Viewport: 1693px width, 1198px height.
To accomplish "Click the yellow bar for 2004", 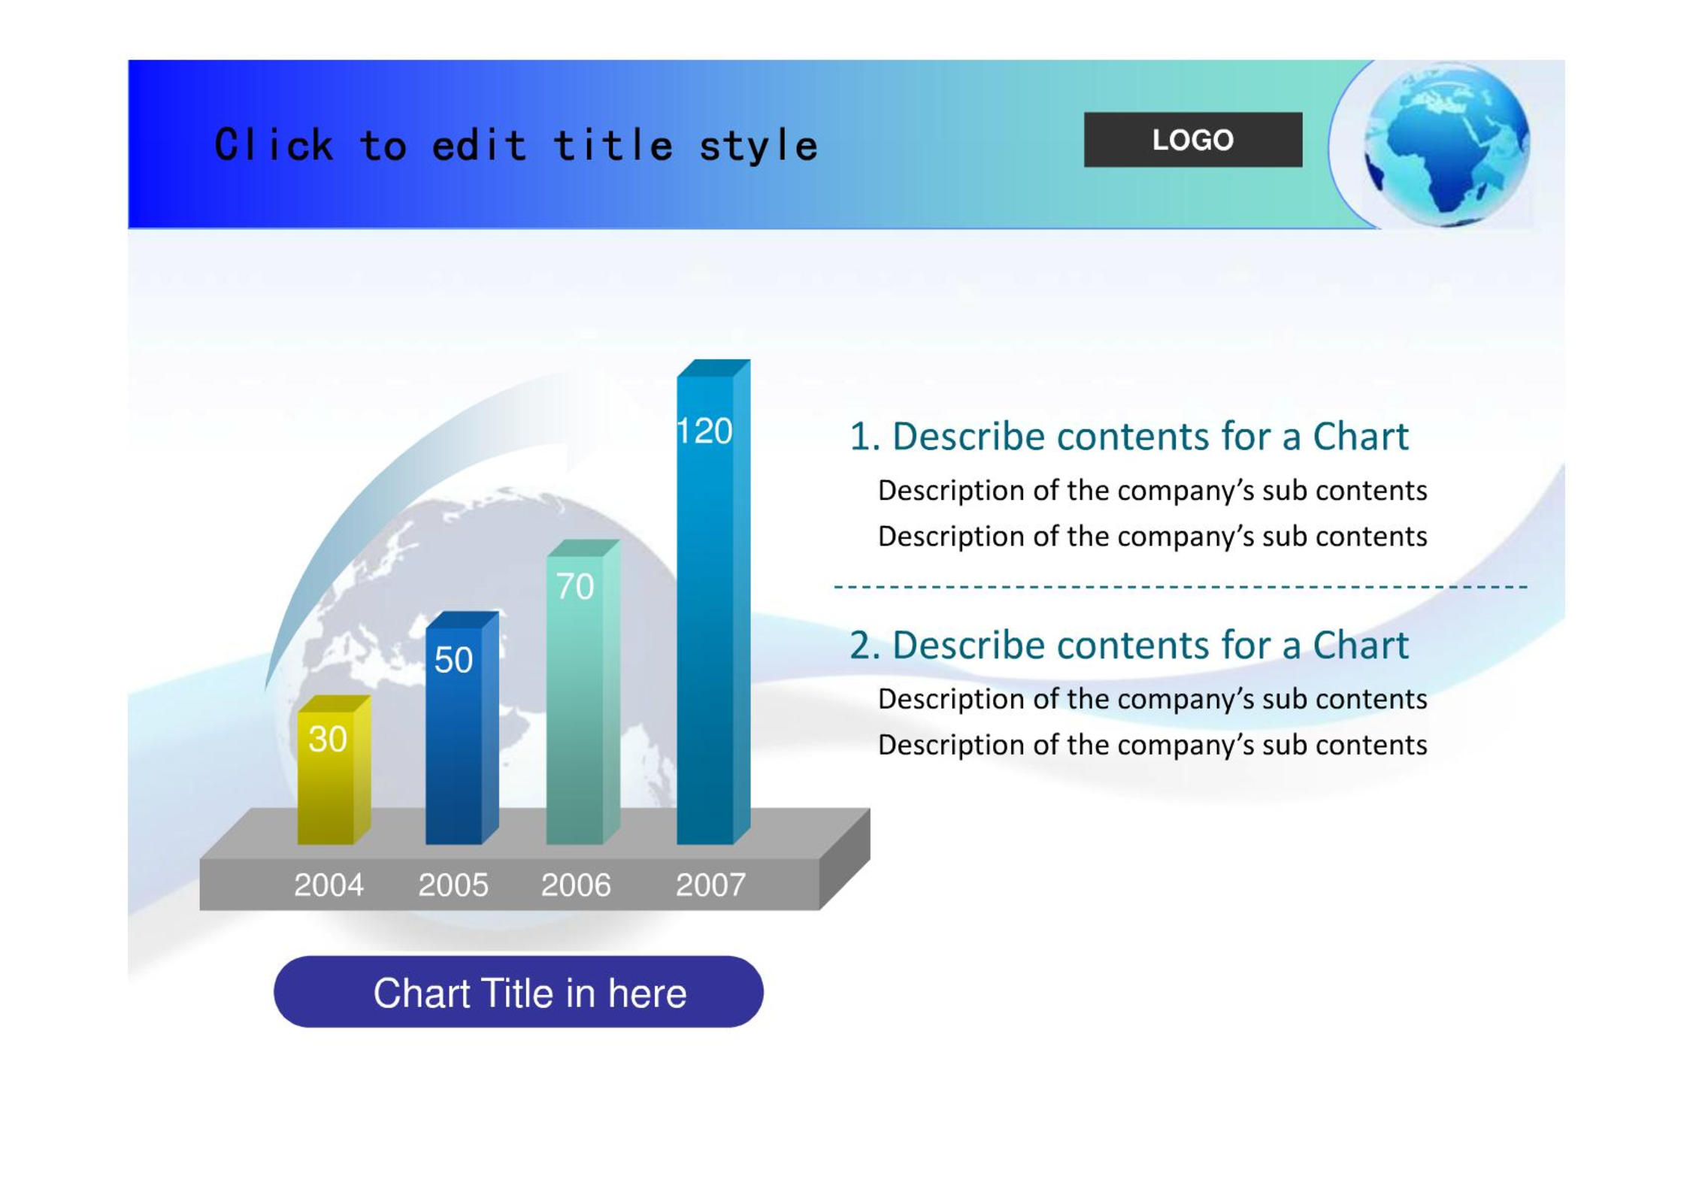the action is (333, 770).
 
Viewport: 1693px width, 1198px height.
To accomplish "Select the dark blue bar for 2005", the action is (461, 728).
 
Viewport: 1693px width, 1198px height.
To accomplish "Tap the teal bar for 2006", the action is (583, 692).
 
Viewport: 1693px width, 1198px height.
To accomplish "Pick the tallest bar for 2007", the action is (713, 602).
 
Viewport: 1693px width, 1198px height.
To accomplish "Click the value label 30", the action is (327, 740).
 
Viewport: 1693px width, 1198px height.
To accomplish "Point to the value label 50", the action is (453, 660).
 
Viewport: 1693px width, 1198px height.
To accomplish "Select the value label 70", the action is (574, 586).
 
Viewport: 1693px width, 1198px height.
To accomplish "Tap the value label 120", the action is (704, 431).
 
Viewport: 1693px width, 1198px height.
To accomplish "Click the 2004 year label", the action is (329, 885).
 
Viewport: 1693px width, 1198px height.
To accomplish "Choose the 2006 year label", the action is (576, 885).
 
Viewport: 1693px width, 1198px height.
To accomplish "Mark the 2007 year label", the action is (710, 885).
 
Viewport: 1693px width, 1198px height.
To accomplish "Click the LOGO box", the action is (1192, 140).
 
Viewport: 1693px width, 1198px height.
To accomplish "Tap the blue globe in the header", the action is (1446, 144).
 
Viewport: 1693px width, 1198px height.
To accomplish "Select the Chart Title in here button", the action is (518, 991).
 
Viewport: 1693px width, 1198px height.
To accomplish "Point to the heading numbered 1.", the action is (1128, 436).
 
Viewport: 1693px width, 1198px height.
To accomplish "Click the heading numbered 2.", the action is (1128, 645).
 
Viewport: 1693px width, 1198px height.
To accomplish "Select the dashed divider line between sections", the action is (1180, 586).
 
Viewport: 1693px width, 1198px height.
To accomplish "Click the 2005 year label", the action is (453, 885).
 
